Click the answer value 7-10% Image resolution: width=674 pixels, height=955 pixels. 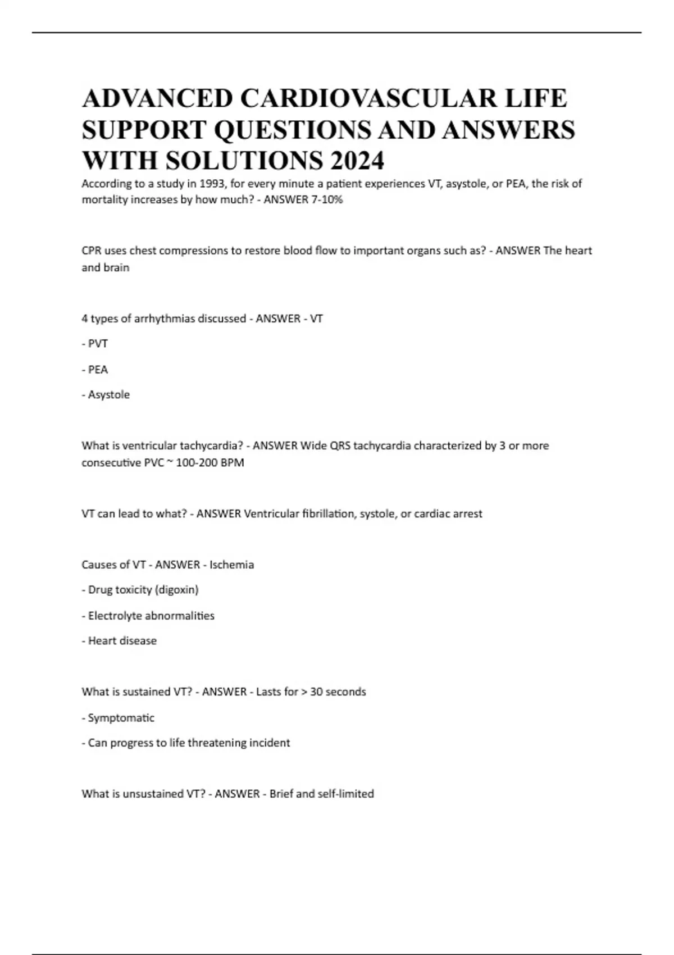tap(326, 199)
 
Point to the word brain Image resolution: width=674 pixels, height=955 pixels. tap(116, 268)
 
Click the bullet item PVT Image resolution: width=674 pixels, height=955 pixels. tap(98, 344)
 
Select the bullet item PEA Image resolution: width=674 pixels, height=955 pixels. tap(98, 370)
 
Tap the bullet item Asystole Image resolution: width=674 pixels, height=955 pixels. tap(108, 395)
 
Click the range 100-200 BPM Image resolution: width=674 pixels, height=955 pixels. tap(210, 463)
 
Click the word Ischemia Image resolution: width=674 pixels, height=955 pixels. tap(231, 565)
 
